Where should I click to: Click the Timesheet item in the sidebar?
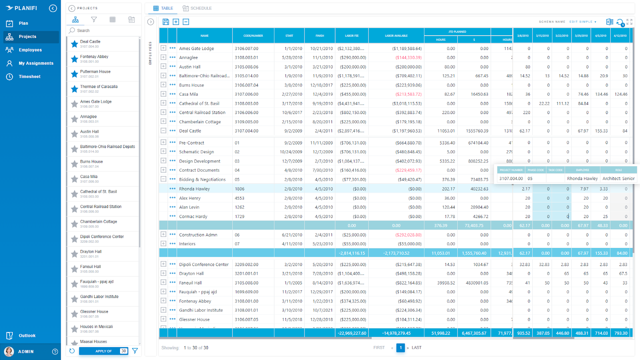click(x=29, y=76)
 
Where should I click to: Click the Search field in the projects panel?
click(x=104, y=30)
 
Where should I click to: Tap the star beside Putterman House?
click(x=74, y=74)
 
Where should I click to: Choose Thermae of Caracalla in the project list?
click(x=99, y=87)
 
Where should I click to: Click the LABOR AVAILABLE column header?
click(x=396, y=36)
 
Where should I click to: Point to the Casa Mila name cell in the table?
click(x=188, y=94)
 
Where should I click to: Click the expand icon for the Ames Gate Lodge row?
click(x=163, y=48)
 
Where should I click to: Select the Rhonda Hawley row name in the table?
click(x=194, y=189)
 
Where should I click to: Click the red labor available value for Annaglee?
click(x=408, y=58)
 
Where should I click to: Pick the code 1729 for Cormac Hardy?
click(x=240, y=216)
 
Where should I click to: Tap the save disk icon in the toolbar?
click(x=166, y=22)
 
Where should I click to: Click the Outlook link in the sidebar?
click(x=27, y=336)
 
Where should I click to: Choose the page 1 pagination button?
click(x=400, y=348)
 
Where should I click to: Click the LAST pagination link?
click(x=416, y=348)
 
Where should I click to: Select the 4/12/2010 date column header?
click(x=620, y=36)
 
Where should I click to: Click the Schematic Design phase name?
click(x=196, y=152)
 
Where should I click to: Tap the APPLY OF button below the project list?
click(x=103, y=351)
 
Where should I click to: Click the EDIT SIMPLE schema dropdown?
click(x=583, y=22)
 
